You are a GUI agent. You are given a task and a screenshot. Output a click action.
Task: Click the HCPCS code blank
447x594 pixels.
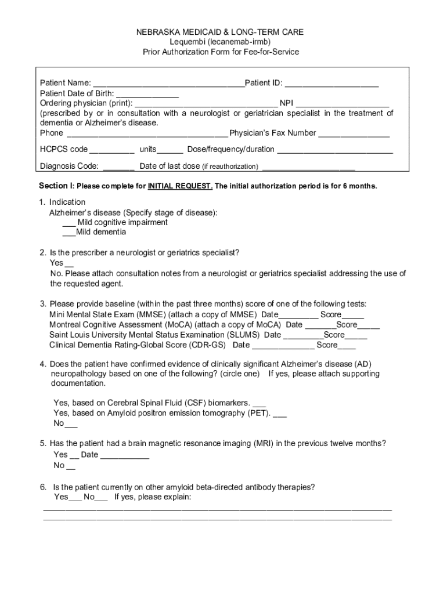[112, 150]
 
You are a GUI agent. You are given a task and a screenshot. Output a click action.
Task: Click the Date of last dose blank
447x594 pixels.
[308, 168]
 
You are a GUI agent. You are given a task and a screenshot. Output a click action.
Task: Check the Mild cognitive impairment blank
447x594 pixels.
[69, 223]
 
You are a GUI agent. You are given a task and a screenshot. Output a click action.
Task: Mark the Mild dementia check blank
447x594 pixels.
[69, 233]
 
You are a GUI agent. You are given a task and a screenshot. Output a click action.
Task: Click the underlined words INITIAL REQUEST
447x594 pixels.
[180, 186]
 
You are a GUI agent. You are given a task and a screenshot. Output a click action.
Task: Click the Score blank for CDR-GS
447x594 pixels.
[347, 346]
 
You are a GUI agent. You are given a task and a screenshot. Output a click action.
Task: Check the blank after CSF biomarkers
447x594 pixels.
[259, 403]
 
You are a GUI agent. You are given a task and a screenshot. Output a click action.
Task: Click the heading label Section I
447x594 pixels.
[56, 186]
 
